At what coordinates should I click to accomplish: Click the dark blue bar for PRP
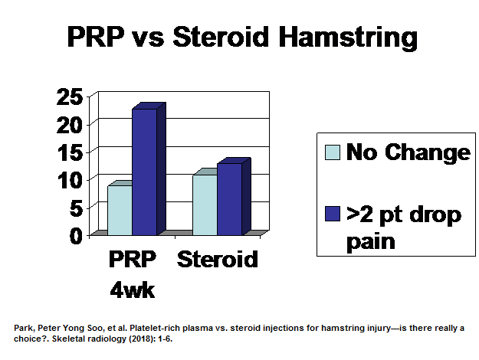144,172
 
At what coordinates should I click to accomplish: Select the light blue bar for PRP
120,210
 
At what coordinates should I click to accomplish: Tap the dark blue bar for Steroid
229,198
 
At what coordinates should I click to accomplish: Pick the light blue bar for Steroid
205,205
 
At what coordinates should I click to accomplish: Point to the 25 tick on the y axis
71,97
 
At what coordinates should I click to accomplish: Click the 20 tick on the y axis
71,124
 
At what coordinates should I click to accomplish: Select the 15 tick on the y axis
71,152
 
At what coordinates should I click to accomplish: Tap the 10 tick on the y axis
71,179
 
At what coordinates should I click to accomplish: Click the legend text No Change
407,152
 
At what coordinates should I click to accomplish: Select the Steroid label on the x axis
218,260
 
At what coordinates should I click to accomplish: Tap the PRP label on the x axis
131,260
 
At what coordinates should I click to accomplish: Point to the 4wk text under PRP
131,290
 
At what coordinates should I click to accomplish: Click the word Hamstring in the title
343,38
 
